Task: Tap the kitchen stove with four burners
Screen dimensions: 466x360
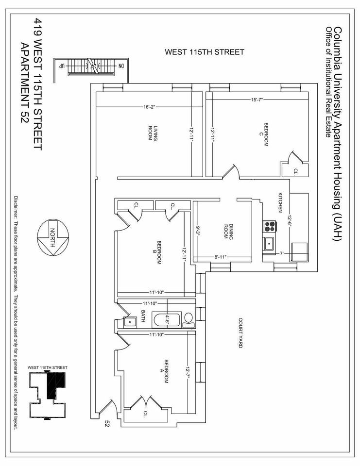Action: [x=270, y=226]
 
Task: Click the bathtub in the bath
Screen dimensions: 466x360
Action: [x=167, y=320]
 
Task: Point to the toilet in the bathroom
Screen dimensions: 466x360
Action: [x=188, y=318]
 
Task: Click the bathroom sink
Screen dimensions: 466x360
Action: [x=130, y=321]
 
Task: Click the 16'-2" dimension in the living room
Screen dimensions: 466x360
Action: [x=149, y=107]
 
